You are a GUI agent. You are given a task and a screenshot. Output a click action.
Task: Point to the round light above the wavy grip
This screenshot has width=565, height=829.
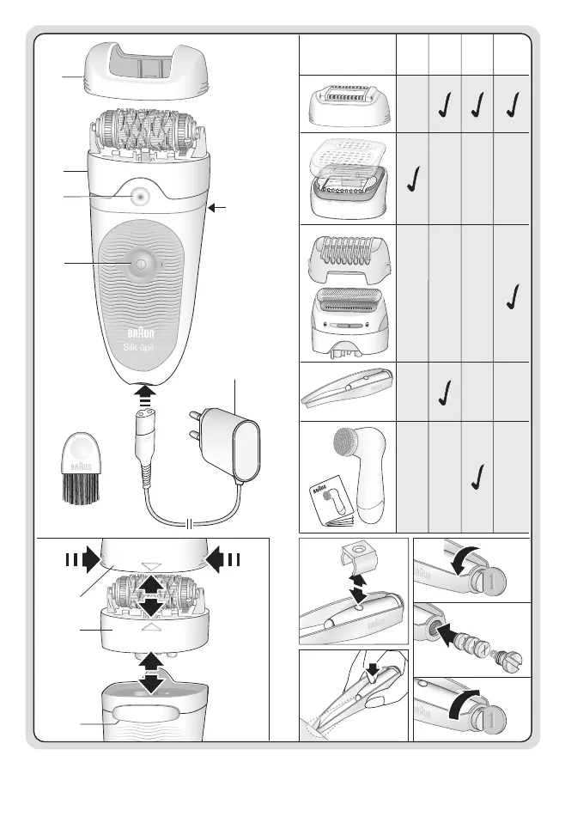point(137,196)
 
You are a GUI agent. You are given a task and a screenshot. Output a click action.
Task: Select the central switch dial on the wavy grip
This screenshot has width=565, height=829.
point(137,262)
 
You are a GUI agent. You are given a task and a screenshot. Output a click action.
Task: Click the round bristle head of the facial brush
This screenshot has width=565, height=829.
point(349,449)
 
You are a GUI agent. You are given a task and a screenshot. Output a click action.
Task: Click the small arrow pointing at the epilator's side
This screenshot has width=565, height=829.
point(221,207)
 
